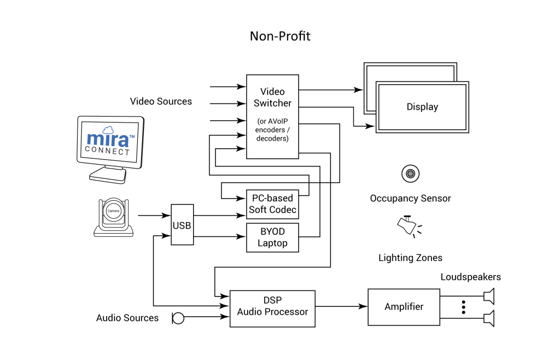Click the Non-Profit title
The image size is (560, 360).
click(x=280, y=36)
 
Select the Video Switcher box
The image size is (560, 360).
click(x=272, y=116)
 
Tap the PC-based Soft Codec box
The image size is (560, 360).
click(x=272, y=204)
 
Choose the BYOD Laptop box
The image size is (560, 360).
click(x=272, y=237)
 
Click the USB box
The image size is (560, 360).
click(x=182, y=225)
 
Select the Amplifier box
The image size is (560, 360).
click(x=404, y=306)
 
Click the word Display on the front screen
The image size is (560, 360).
click(x=422, y=107)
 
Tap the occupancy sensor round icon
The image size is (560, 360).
click(x=410, y=174)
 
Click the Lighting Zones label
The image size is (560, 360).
click(x=410, y=258)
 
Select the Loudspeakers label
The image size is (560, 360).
click(x=470, y=277)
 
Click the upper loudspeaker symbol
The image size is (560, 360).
click(x=489, y=297)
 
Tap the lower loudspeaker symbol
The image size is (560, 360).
click(x=489, y=318)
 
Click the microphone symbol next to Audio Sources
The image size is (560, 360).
click(x=178, y=317)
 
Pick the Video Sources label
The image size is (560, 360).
click(x=161, y=101)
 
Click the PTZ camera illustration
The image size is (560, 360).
click(x=114, y=217)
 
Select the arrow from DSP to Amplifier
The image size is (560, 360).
click(x=341, y=306)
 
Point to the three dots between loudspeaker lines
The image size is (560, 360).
click(x=463, y=307)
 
